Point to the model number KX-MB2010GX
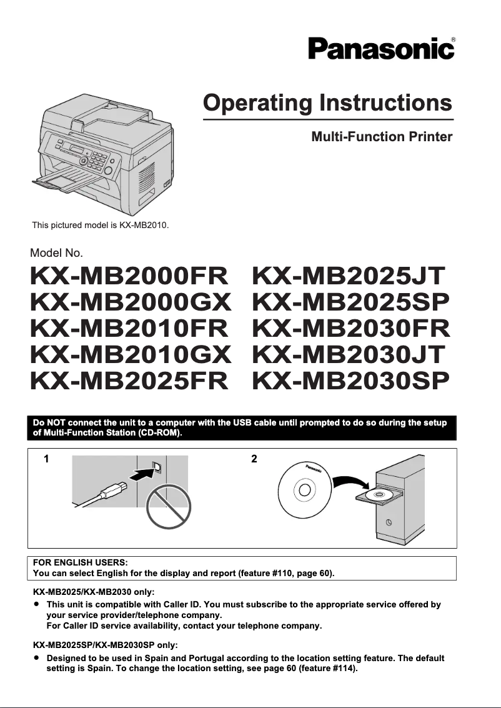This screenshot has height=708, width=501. click(131, 354)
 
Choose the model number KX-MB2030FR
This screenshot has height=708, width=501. click(350, 328)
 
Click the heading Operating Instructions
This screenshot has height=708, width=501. click(327, 102)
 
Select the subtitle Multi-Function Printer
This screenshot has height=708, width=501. click(382, 136)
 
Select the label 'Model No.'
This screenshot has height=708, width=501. click(56, 253)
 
